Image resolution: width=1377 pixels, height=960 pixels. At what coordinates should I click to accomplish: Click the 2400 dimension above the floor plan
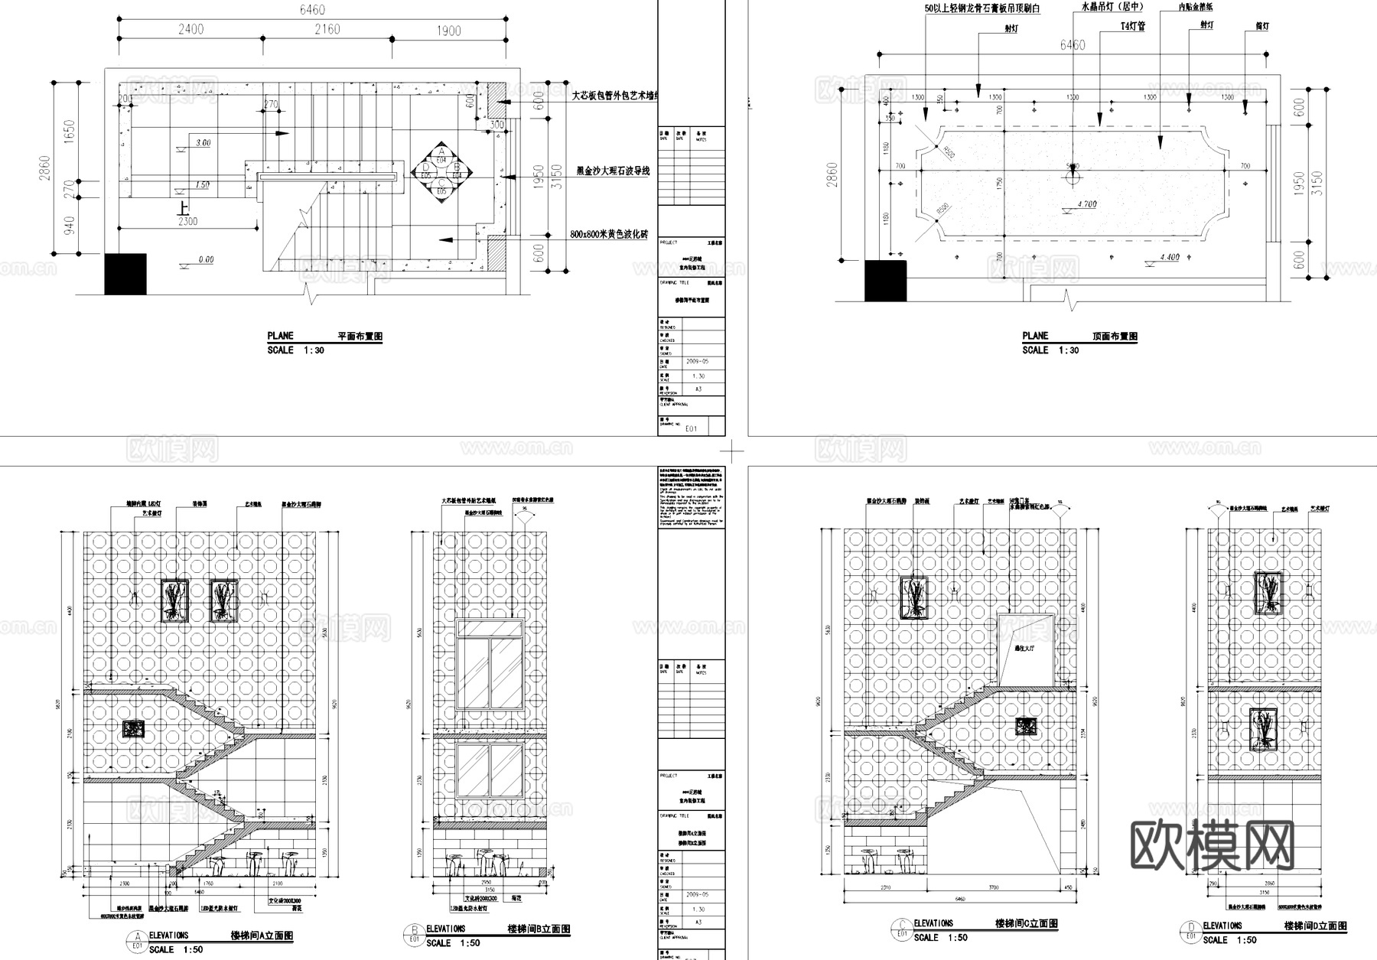[190, 29]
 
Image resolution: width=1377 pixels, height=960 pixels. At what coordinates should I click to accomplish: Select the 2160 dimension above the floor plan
[327, 29]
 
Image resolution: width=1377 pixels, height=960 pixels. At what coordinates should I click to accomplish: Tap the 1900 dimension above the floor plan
[448, 30]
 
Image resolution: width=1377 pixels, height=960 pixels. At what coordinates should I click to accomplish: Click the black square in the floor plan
[125, 274]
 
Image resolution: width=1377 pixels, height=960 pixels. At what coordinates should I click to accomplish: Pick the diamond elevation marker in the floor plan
[441, 173]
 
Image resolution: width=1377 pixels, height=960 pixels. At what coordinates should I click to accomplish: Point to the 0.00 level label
[206, 260]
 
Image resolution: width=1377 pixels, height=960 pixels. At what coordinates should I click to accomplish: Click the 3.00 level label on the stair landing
[203, 143]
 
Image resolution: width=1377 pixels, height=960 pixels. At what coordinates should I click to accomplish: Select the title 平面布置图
[360, 337]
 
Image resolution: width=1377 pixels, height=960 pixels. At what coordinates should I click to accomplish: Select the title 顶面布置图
[1114, 337]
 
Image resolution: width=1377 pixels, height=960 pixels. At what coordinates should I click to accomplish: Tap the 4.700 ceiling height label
[1086, 205]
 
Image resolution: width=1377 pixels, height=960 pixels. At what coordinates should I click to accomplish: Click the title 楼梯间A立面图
[262, 936]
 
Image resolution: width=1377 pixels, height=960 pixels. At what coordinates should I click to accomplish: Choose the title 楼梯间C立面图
[1027, 924]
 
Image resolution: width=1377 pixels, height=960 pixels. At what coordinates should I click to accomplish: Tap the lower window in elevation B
[490, 771]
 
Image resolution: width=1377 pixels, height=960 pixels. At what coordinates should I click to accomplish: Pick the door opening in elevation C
[1027, 649]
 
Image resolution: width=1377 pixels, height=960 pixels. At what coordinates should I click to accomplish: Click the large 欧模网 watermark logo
[1212, 847]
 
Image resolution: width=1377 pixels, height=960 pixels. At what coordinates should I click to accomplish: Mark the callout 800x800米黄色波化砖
[609, 235]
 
